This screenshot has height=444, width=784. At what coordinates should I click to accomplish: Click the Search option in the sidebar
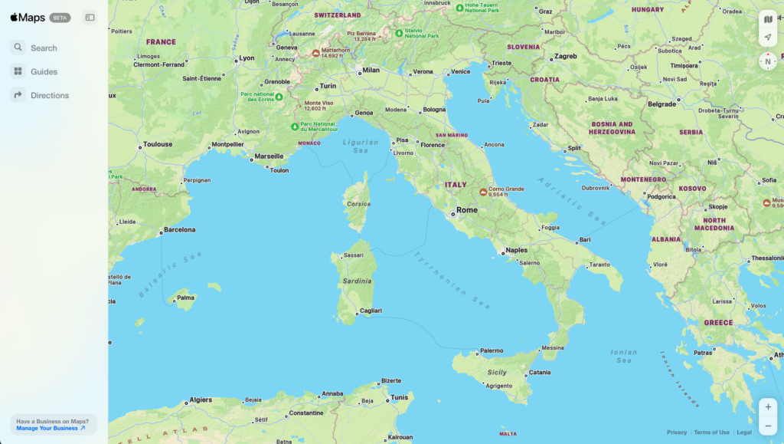click(44, 48)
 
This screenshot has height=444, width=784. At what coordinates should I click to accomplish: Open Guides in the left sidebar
click(44, 71)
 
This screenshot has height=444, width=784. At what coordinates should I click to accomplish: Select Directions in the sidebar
click(49, 95)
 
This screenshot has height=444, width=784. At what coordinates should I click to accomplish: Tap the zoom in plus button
click(768, 407)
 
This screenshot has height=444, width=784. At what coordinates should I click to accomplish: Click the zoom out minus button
click(768, 426)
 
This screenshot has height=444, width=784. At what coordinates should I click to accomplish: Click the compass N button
click(768, 61)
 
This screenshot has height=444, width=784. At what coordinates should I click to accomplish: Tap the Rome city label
click(466, 210)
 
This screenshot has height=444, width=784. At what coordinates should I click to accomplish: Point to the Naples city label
click(517, 250)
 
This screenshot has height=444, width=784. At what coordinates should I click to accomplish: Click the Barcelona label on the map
click(179, 229)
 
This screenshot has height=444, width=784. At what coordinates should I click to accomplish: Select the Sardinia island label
click(357, 281)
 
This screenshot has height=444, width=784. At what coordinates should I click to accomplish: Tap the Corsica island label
click(358, 204)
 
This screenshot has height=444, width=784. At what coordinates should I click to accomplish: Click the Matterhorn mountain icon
click(315, 53)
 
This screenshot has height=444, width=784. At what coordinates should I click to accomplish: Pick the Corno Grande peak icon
click(482, 192)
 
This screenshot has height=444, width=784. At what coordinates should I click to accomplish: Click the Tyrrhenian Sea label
click(452, 280)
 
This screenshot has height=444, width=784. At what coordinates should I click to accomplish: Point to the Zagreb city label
click(565, 56)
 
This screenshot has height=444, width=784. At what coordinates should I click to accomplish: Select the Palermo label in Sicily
click(491, 350)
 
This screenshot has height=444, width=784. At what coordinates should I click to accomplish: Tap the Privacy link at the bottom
click(677, 432)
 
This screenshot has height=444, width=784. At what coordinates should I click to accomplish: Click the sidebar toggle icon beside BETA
click(90, 18)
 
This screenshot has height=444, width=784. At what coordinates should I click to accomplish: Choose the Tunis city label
click(400, 397)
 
